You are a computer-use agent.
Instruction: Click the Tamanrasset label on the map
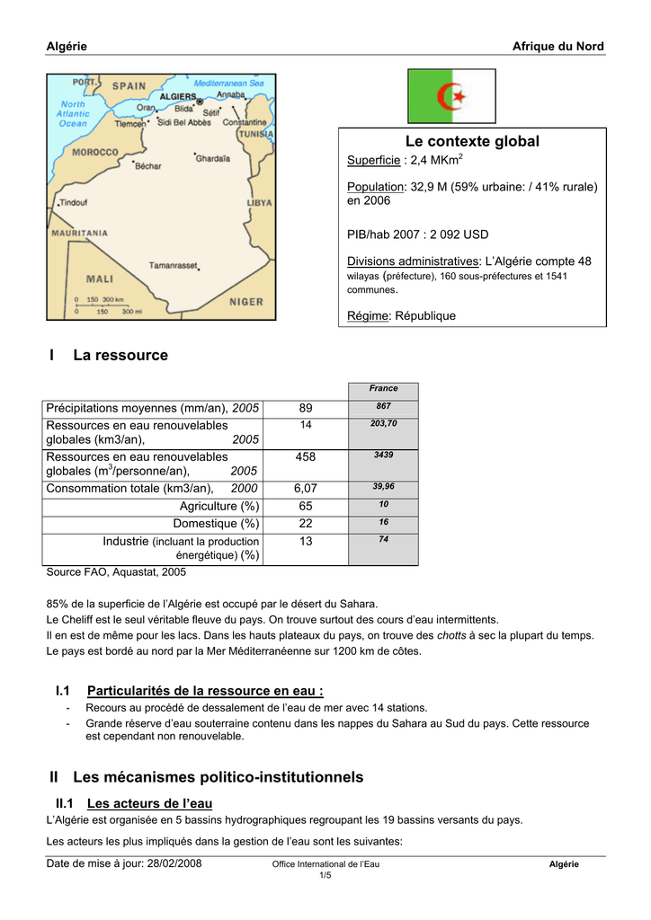(x=173, y=266)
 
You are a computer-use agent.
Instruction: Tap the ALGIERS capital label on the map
(x=178, y=96)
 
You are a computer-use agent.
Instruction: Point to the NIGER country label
(x=245, y=302)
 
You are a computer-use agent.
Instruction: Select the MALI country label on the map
(x=99, y=279)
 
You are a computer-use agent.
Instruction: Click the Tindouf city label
(x=74, y=202)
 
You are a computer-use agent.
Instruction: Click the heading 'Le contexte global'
(x=472, y=141)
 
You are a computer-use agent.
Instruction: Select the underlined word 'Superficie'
(x=373, y=160)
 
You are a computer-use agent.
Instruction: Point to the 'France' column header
(x=383, y=388)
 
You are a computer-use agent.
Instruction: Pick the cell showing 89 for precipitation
(x=306, y=408)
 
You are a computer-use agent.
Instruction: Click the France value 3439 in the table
(x=383, y=455)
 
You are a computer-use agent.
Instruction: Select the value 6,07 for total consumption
(x=306, y=488)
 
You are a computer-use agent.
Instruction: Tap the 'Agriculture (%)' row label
(x=219, y=506)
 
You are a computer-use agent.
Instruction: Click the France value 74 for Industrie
(x=383, y=538)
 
